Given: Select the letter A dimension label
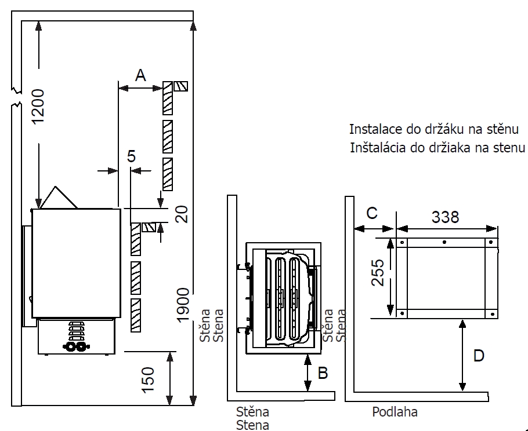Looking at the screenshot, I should [140, 75].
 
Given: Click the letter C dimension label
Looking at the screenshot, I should [372, 213].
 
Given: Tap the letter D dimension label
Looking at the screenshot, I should [479, 355].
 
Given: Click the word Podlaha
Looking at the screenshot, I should [395, 412].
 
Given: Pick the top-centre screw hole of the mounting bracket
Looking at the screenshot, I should [444, 242].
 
